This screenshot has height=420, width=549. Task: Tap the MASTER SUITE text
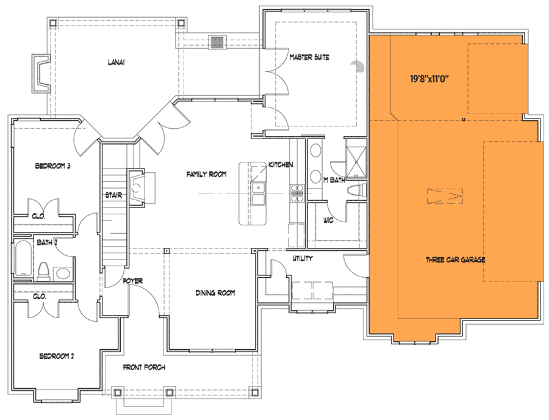pos(309,57)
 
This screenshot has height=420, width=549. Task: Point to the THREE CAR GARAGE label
pos(456,260)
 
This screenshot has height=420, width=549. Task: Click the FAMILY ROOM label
pos(206,175)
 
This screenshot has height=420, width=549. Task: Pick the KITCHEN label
pos(281,165)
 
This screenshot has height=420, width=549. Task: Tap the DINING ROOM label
pos(215,293)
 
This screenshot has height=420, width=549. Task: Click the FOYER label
pos(132,281)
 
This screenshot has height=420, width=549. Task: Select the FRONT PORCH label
pos(144,367)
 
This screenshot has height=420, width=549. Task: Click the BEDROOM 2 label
pos(56,356)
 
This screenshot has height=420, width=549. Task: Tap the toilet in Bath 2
pos(43,269)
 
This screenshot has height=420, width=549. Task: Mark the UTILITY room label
pos(303,258)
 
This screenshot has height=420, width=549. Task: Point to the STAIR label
pos(115,195)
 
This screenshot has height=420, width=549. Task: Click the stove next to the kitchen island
pos(297,192)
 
